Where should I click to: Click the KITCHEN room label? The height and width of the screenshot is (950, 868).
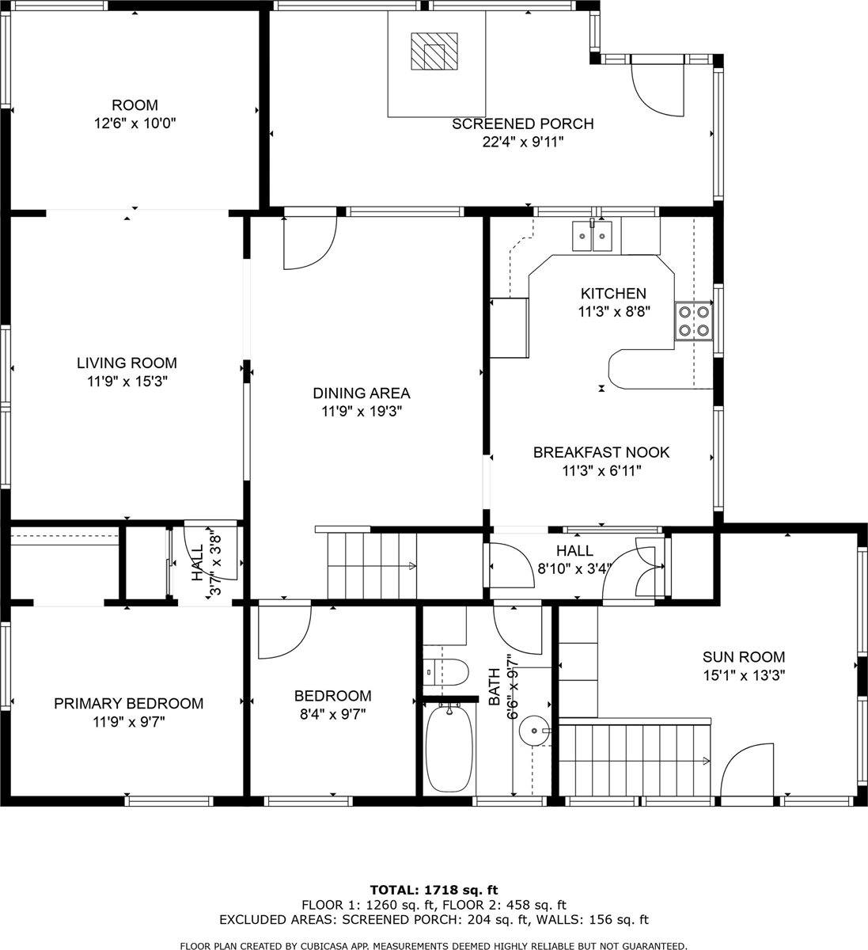tap(613, 293)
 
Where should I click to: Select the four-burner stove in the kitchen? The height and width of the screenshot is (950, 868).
tap(694, 321)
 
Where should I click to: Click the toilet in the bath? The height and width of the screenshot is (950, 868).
tap(442, 672)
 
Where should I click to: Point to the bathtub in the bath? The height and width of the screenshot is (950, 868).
tap(449, 749)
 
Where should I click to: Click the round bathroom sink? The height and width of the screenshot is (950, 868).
tap(536, 731)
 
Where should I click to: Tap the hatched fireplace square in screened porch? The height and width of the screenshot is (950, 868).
tap(434, 53)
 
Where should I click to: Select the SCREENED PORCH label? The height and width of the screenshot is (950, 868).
tap(522, 123)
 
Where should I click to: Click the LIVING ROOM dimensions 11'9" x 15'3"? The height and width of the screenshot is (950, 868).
tap(127, 382)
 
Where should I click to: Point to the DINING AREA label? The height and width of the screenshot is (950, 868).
tap(361, 393)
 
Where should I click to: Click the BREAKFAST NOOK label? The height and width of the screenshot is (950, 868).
tap(601, 452)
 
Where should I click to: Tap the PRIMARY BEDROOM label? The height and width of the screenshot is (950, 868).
tap(128, 703)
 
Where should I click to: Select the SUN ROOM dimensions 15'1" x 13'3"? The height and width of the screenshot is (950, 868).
tap(744, 675)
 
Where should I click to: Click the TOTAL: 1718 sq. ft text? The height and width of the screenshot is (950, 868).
tap(434, 890)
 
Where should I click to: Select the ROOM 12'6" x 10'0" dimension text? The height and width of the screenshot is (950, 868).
tap(135, 123)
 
